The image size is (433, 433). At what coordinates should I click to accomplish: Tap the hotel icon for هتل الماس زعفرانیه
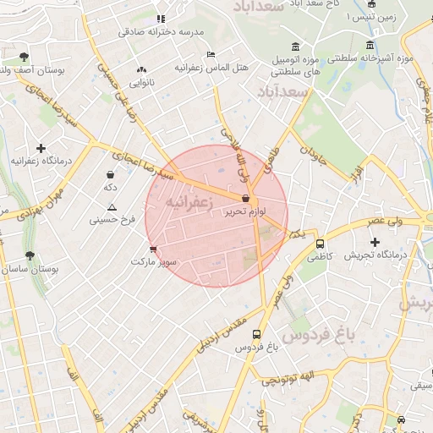coord(211,54)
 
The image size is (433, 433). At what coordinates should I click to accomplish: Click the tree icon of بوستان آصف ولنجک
coord(23,58)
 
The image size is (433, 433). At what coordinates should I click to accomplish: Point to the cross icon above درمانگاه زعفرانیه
coord(40,148)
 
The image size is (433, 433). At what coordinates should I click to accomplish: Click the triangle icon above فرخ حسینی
coord(112,207)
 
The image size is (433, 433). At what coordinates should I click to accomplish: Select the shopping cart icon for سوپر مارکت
coord(153,249)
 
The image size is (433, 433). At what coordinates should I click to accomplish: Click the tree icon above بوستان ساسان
coord(30,255)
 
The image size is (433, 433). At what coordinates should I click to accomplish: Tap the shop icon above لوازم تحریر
coord(245,199)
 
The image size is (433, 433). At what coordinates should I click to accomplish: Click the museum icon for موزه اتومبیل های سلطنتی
coord(294,47)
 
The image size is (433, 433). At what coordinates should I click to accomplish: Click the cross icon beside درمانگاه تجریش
coord(375,243)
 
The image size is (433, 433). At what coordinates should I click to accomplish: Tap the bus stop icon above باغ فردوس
coord(257,334)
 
